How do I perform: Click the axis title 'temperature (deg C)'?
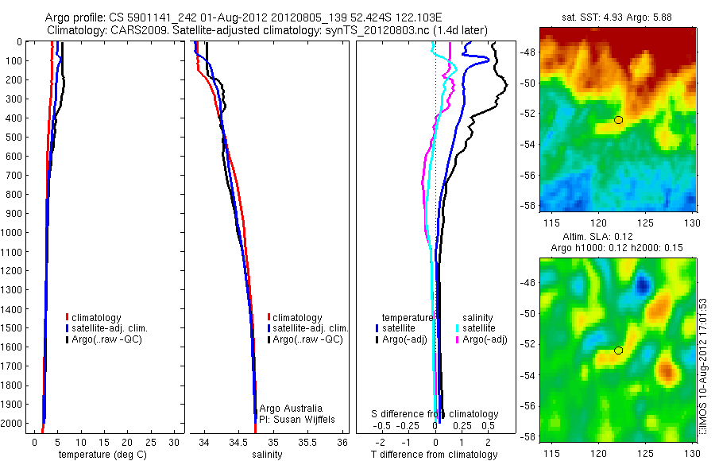click(x=100, y=455)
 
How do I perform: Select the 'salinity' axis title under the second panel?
click(x=268, y=455)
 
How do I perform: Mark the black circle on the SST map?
click(x=619, y=120)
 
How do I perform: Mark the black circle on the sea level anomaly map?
click(x=619, y=350)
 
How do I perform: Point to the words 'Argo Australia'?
click(x=291, y=408)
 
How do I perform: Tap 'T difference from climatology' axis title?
click(x=434, y=455)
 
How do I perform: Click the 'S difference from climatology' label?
click(x=435, y=414)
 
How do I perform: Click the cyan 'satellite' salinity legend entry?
click(x=479, y=328)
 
